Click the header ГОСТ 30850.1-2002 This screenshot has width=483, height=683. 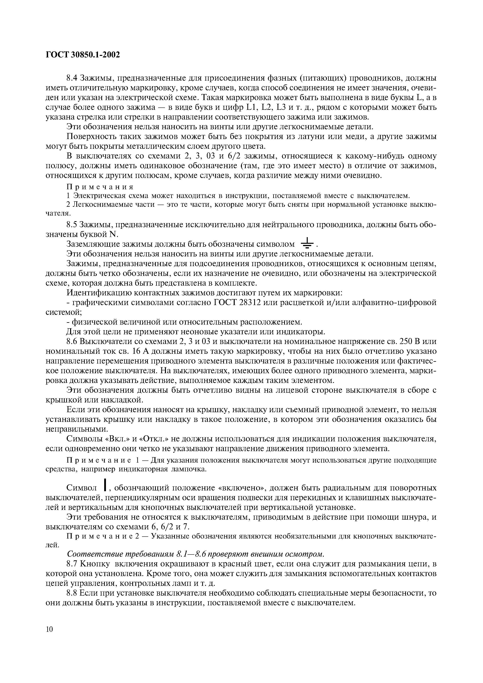coord(83,55)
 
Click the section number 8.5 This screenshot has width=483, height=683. coord(72,225)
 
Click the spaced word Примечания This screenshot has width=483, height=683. coord(100,187)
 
